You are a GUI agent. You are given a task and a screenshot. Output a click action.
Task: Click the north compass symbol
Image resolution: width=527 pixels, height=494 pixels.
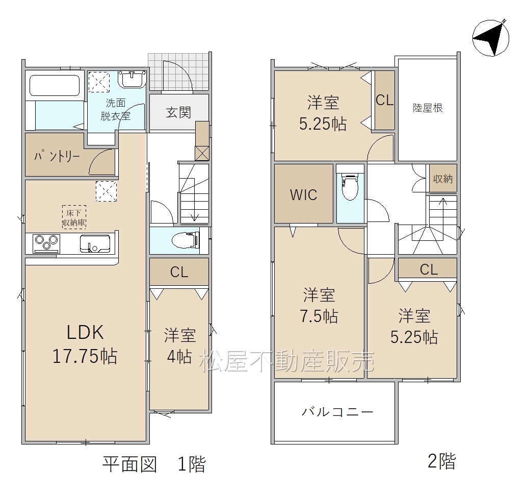(490, 38)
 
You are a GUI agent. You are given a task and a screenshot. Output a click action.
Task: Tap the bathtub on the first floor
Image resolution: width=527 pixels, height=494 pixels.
(55, 85)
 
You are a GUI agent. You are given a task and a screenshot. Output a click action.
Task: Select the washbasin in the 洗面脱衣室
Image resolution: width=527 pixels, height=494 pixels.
(132, 80)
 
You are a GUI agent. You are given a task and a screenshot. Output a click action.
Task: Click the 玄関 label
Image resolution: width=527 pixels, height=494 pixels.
(178, 112)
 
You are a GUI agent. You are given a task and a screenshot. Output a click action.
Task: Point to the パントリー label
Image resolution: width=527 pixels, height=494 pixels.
(57, 156)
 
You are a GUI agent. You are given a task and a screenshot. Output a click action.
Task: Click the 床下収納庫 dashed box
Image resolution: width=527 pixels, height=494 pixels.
(74, 217)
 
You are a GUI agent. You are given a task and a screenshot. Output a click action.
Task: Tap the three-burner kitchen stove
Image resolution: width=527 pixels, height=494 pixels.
(46, 243)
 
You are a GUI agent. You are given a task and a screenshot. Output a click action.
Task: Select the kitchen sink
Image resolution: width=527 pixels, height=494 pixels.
(95, 243)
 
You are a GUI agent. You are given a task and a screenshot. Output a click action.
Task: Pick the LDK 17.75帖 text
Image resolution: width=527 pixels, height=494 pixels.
(85, 343)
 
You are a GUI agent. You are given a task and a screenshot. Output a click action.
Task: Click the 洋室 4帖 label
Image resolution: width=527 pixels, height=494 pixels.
(180, 345)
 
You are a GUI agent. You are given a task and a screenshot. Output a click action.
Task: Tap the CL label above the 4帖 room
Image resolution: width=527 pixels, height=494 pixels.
(179, 272)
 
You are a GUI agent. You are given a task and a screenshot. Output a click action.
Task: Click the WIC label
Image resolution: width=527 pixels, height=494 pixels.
(303, 194)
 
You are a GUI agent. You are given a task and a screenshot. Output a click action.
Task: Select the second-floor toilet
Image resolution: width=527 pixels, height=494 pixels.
(350, 187)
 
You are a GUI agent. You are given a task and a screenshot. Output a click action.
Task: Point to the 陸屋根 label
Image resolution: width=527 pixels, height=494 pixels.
(428, 108)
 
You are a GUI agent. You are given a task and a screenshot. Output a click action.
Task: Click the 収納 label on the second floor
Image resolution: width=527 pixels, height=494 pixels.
(442, 179)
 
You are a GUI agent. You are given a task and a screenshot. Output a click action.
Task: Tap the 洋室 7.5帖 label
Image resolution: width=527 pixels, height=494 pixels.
(319, 305)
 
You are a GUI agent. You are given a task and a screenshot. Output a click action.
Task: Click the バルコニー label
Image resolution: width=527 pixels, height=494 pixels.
(337, 412)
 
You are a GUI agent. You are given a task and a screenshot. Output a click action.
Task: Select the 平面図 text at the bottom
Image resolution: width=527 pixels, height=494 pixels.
(130, 464)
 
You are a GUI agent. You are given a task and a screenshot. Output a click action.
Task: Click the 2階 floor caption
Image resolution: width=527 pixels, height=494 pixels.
(442, 461)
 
